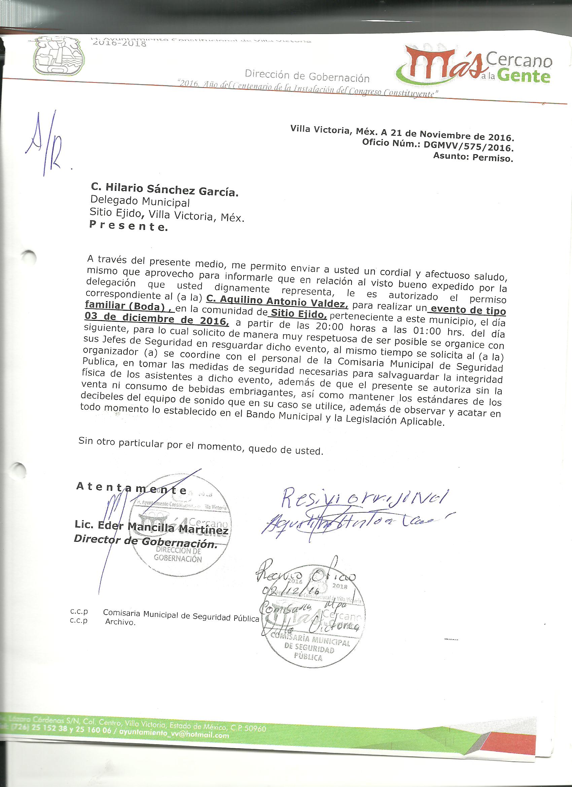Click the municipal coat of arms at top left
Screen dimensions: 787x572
59,56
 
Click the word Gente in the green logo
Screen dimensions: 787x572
525,76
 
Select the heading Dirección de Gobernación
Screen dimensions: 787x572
307,76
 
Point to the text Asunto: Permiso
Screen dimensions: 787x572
473,158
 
